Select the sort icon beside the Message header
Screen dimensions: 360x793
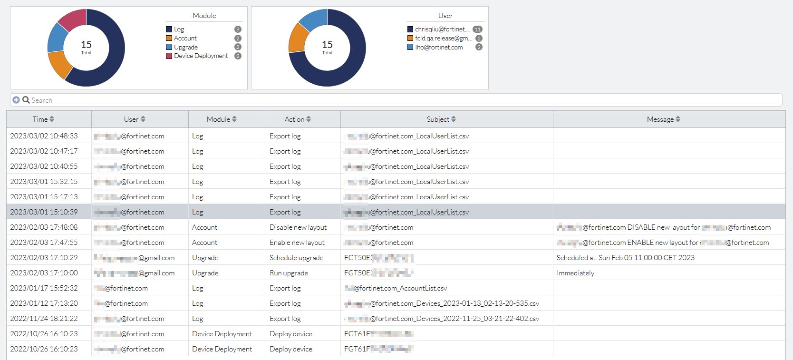(x=678, y=119)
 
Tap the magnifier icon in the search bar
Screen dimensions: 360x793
(x=26, y=100)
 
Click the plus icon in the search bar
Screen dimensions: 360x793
(x=16, y=100)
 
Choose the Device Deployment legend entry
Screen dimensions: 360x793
(x=201, y=56)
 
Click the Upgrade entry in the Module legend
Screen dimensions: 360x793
(x=185, y=47)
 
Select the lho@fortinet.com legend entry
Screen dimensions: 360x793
(x=438, y=47)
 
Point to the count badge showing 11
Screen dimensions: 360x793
(x=477, y=29)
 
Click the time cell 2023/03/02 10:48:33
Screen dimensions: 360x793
(x=44, y=136)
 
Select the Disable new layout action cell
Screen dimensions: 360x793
(x=298, y=227)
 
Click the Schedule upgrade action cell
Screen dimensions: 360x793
(x=296, y=258)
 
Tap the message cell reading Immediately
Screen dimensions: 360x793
(x=575, y=273)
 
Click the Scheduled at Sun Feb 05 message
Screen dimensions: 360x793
(x=625, y=258)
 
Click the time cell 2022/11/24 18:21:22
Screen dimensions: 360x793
(x=44, y=319)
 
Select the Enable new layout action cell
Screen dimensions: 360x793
(x=297, y=243)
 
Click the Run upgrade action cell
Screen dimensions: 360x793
(x=289, y=273)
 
